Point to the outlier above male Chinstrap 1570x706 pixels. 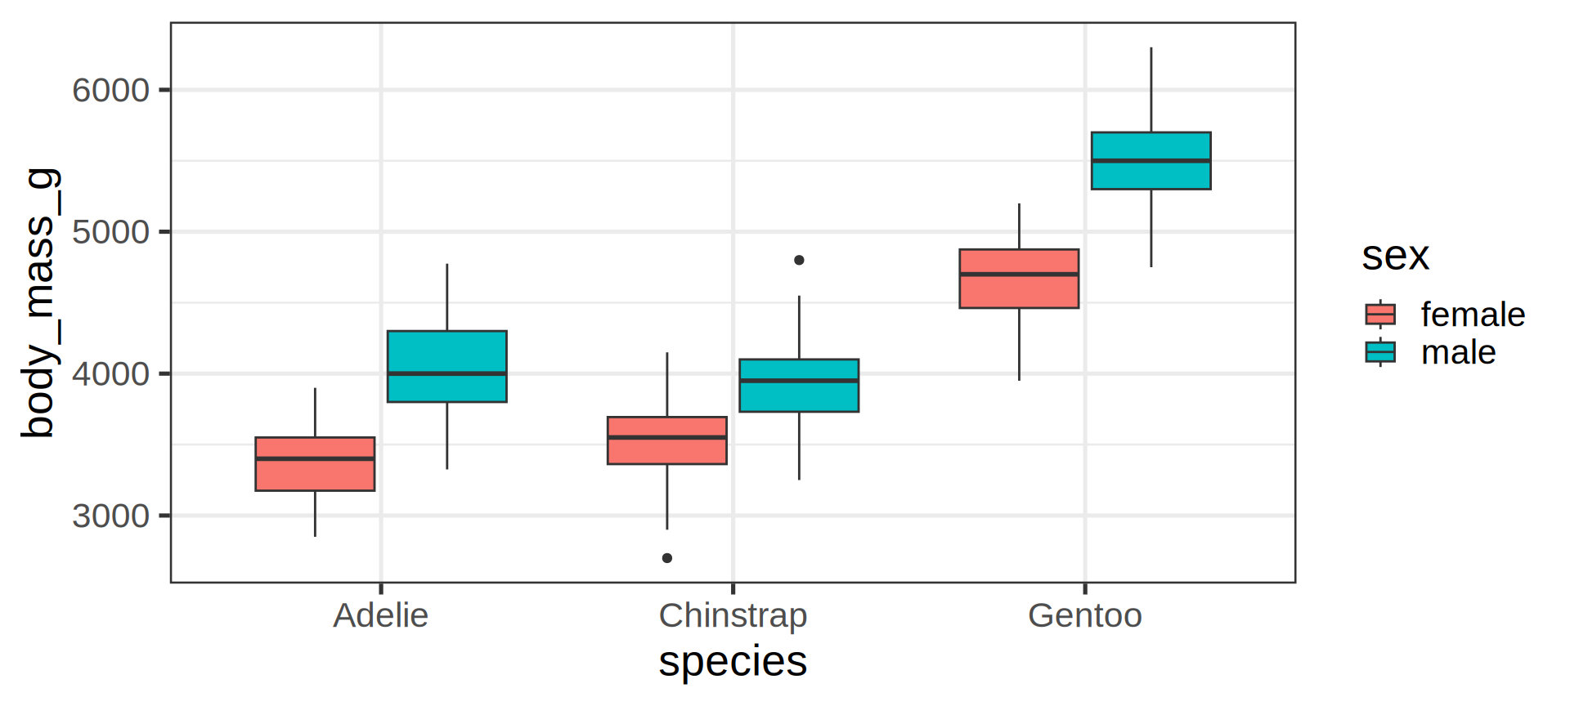pyautogui.click(x=799, y=260)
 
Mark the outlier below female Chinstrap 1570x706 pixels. pyautogui.click(x=667, y=558)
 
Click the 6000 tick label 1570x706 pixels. pyautogui.click(x=111, y=90)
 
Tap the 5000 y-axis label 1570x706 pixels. pyautogui.click(x=111, y=232)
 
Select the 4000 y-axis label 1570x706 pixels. pyautogui.click(x=111, y=374)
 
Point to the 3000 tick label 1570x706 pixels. pyautogui.click(x=111, y=516)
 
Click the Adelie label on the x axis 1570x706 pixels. pyautogui.click(x=380, y=615)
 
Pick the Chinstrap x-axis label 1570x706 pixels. pyautogui.click(x=733, y=615)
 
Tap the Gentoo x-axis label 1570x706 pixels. pyautogui.click(x=1084, y=615)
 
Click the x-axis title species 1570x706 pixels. pyautogui.click(x=733, y=661)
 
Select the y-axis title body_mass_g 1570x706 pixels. pyautogui.click(x=39, y=302)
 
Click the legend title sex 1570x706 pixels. pyautogui.click(x=1395, y=256)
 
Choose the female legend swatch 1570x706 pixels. pyautogui.click(x=1380, y=314)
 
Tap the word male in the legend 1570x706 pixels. pyautogui.click(x=1458, y=352)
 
